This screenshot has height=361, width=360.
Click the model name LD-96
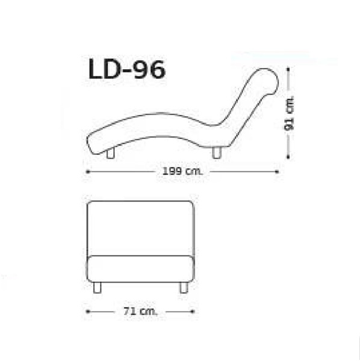[127, 69]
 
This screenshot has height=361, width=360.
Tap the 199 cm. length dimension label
[182, 171]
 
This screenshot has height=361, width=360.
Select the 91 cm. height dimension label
[290, 113]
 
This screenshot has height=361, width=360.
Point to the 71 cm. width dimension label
[140, 312]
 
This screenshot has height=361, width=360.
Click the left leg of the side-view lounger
[111, 153]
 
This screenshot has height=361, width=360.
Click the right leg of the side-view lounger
[217, 153]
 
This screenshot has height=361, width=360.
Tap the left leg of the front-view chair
[97, 288]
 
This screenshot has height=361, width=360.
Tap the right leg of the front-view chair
[184, 288]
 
